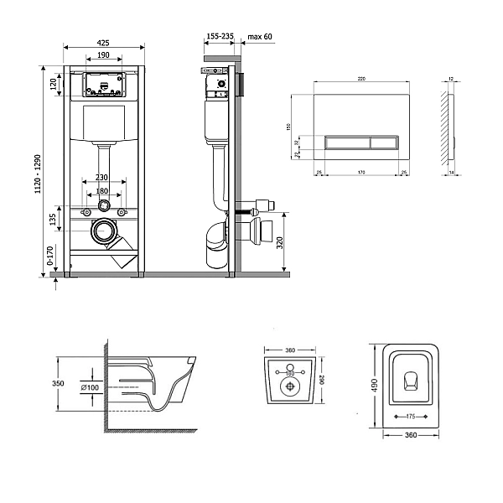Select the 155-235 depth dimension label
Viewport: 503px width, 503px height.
click(220, 37)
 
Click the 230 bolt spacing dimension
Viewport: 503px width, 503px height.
click(102, 177)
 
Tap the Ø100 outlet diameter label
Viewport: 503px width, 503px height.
click(91, 386)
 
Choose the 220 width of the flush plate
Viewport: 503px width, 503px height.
click(361, 79)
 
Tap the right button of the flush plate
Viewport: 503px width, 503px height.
click(387, 141)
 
